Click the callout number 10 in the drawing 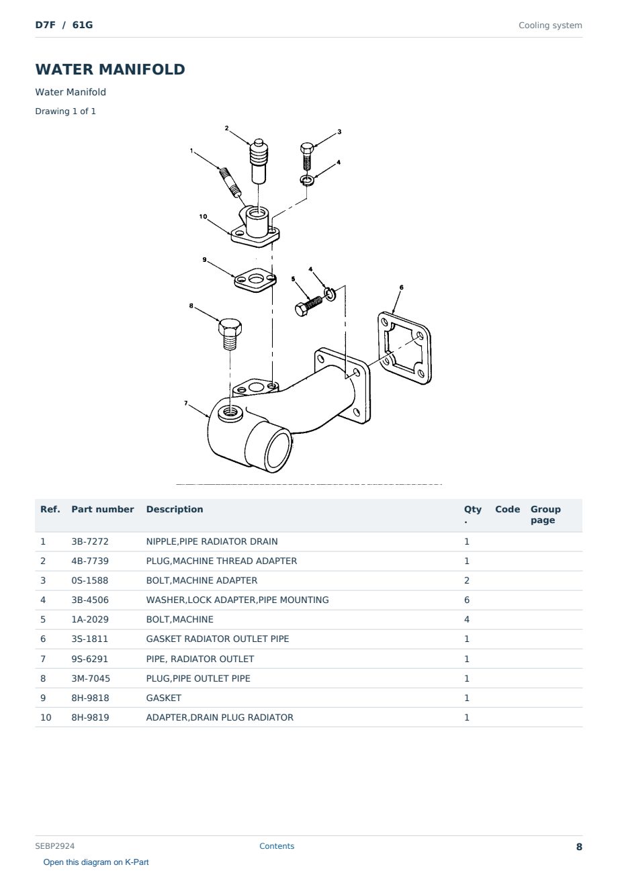pyautogui.click(x=203, y=217)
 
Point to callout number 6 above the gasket pyautogui.click(x=401, y=287)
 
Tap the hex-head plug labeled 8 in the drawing pyautogui.click(x=230, y=334)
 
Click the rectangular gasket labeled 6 pyautogui.click(x=404, y=348)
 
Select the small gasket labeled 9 pyautogui.click(x=255, y=280)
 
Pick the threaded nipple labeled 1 pyautogui.click(x=230, y=181)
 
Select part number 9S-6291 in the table pyautogui.click(x=89, y=659)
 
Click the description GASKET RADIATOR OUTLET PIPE pyautogui.click(x=217, y=639)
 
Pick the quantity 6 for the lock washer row pyautogui.click(x=467, y=600)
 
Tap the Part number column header pyautogui.click(x=103, y=509)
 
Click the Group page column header pyautogui.click(x=545, y=514)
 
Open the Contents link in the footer pyautogui.click(x=277, y=845)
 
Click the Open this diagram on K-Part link pyautogui.click(x=96, y=862)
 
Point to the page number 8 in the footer pyautogui.click(x=579, y=847)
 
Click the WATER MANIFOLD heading pyautogui.click(x=110, y=69)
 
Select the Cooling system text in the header pyautogui.click(x=550, y=26)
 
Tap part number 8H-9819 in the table pyautogui.click(x=90, y=717)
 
